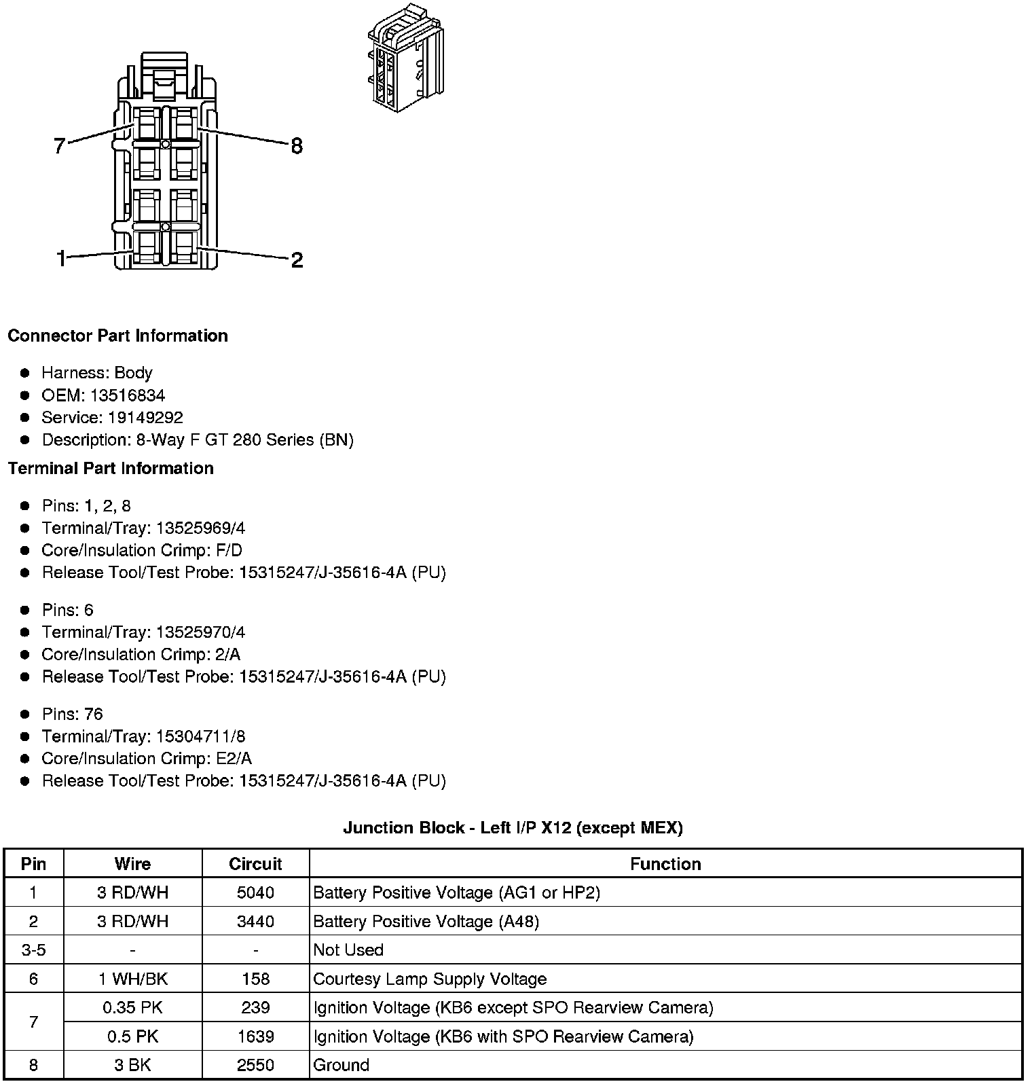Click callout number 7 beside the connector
point(60,145)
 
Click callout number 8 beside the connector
point(296,145)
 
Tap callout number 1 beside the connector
point(61,259)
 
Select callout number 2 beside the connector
point(297,259)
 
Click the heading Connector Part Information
point(117,336)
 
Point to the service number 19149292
point(145,418)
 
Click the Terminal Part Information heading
point(111,468)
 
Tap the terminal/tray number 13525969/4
point(200,528)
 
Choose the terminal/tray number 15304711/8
point(200,736)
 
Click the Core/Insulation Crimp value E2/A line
point(146,759)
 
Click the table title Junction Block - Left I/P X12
point(513,827)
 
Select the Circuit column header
point(255,864)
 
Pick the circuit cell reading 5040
point(255,892)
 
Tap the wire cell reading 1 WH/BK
point(132,979)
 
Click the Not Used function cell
point(348,950)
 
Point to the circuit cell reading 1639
point(255,1036)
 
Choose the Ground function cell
point(341,1065)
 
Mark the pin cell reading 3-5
point(33,950)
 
